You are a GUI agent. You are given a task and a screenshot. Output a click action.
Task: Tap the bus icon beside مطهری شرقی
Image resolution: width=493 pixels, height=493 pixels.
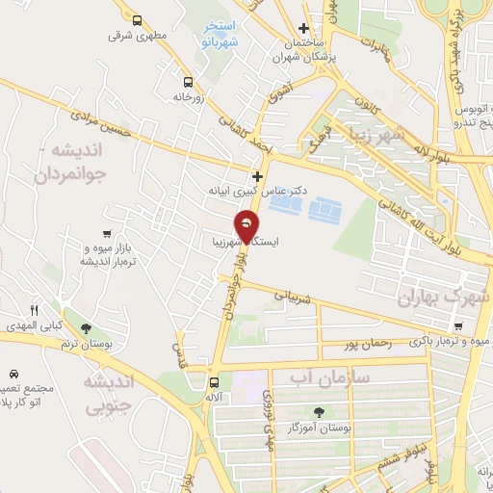tap(136, 19)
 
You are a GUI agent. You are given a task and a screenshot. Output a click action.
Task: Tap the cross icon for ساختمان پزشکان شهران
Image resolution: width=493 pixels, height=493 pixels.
tap(303, 29)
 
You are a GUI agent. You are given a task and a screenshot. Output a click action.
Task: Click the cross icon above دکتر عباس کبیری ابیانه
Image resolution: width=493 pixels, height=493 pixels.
tap(256, 176)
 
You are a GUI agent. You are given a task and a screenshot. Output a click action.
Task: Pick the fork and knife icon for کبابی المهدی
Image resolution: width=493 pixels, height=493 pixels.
tap(34, 310)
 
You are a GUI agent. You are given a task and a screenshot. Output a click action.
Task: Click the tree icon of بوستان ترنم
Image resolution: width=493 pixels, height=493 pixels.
tap(88, 327)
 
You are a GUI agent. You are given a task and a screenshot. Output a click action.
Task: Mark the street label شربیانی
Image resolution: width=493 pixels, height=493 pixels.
tap(295, 298)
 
